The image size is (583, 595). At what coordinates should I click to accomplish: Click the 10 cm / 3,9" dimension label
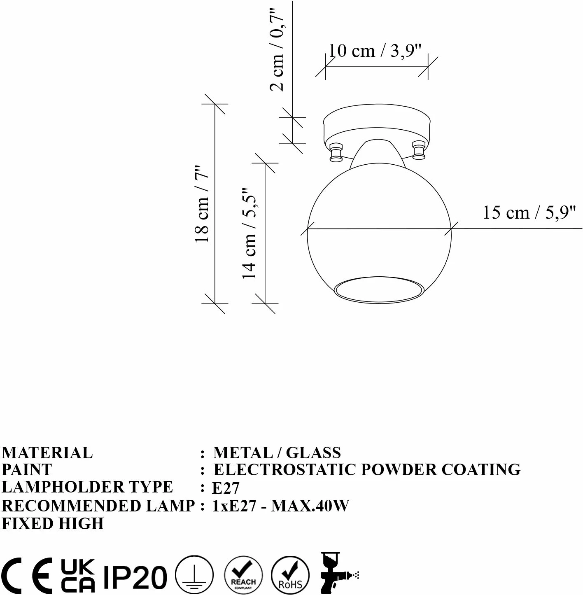tap(375, 51)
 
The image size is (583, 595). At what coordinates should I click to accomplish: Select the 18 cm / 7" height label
tap(202, 204)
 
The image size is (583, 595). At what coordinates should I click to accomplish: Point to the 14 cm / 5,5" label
tap(249, 233)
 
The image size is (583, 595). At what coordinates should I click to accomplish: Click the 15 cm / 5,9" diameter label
tap(529, 213)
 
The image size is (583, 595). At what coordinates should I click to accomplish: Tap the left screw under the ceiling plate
tap(336, 152)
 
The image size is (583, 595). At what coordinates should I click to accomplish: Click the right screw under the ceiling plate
tap(419, 150)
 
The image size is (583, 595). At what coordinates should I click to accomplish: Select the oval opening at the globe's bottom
tap(379, 289)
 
